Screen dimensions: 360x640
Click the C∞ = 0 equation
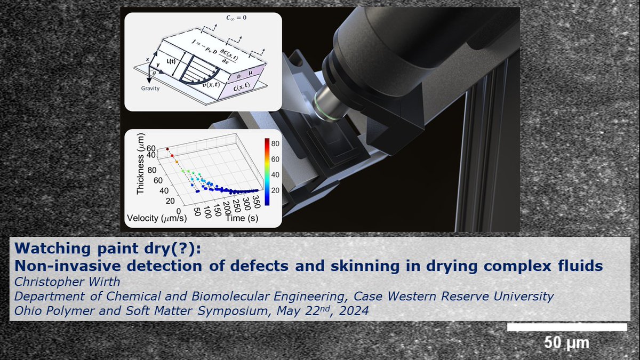point(238,17)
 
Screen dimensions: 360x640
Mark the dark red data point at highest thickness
point(167,149)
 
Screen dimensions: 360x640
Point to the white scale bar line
point(566,327)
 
